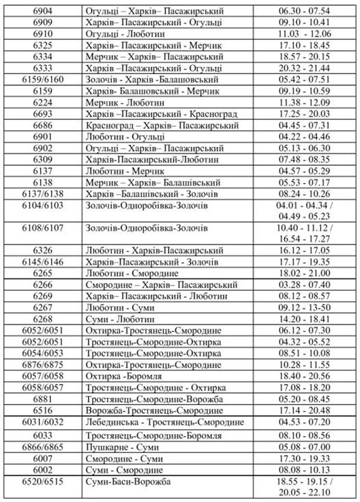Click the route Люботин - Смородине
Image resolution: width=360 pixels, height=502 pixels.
[x=132, y=273]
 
